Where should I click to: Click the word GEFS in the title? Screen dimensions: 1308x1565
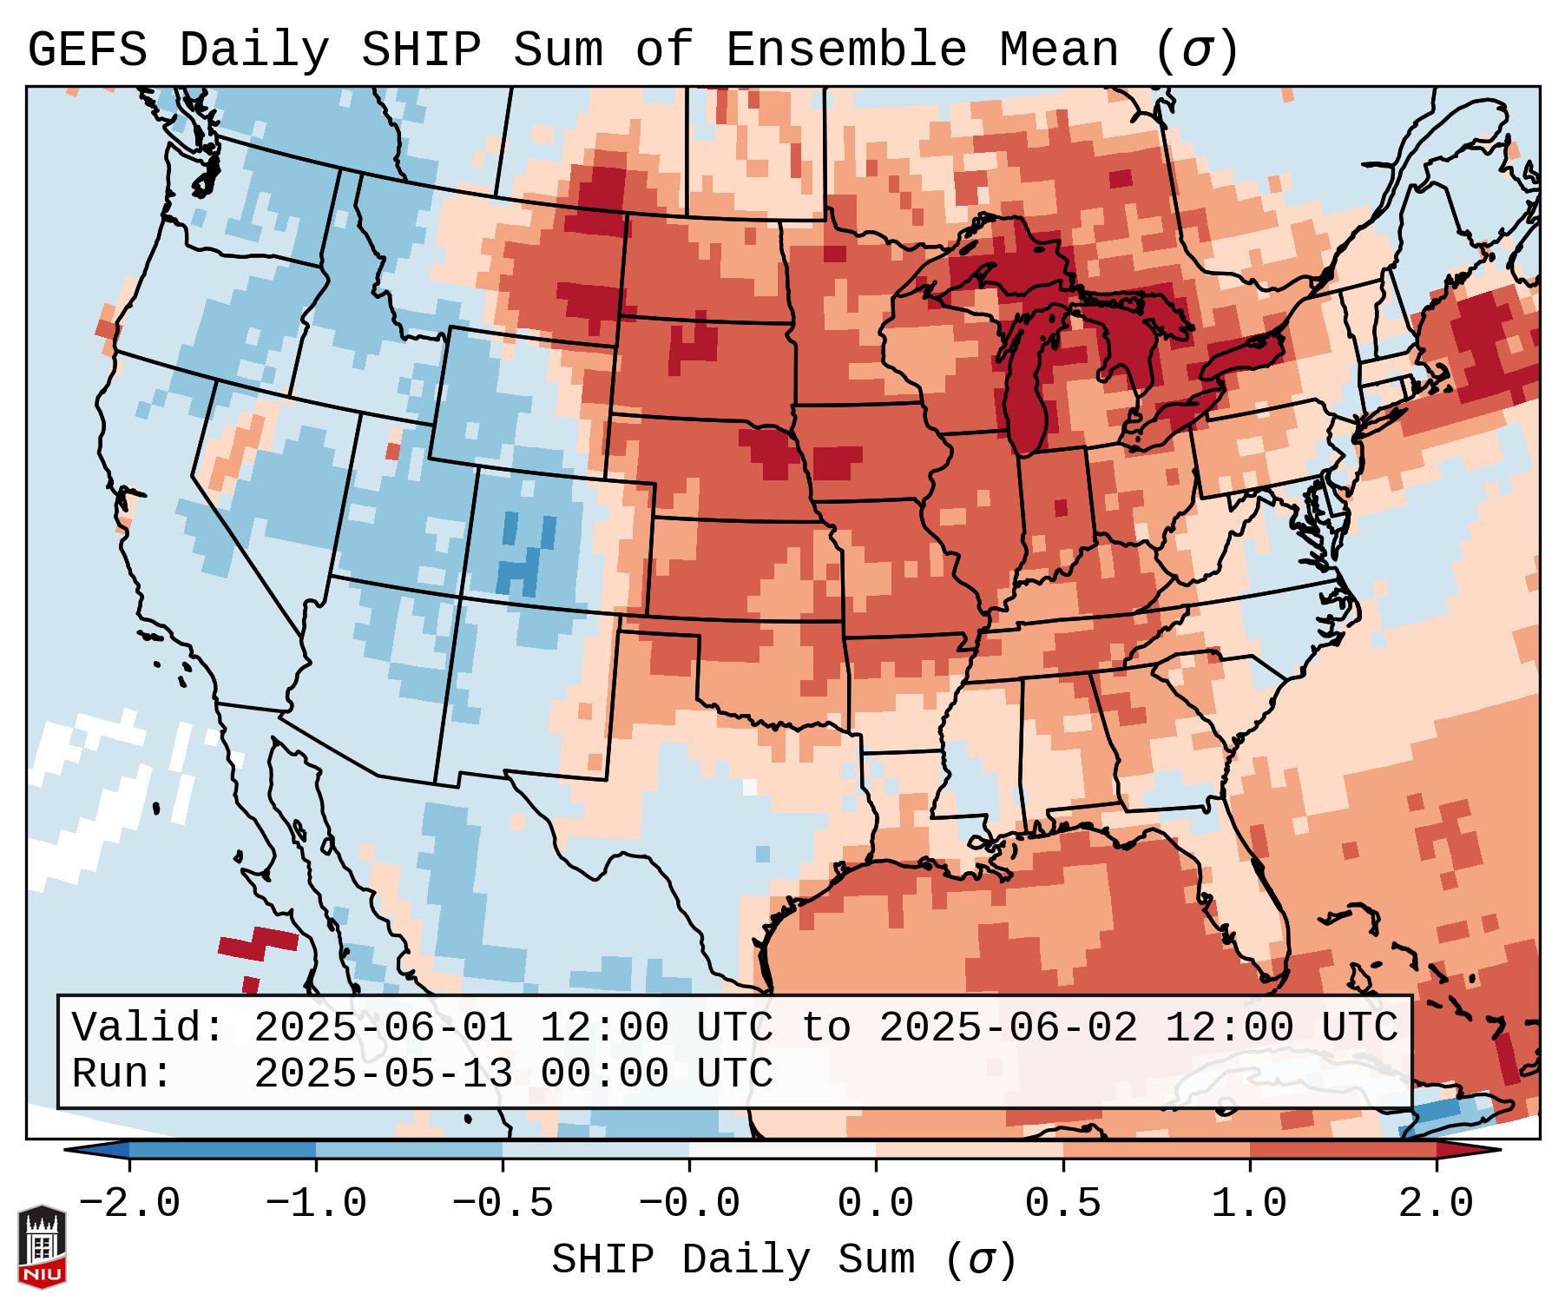(x=87, y=50)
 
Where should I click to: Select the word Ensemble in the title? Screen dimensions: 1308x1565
(x=845, y=50)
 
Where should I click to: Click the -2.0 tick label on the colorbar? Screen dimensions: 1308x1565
(x=129, y=1204)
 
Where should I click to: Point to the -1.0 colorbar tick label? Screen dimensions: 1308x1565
(x=316, y=1204)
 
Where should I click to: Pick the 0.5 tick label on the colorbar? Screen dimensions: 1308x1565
(x=1062, y=1204)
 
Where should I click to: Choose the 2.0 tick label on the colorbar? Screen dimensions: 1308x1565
(x=1436, y=1204)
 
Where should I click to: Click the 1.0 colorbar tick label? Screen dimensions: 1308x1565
(x=1249, y=1204)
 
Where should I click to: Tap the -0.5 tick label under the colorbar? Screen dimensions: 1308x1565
(x=503, y=1204)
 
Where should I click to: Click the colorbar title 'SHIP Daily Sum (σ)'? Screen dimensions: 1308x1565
(x=783, y=1259)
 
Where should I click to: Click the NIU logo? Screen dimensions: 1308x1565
(x=42, y=1246)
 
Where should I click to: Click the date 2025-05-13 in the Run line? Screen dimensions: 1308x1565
(x=384, y=1073)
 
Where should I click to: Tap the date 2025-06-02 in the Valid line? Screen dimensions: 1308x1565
(x=1009, y=1027)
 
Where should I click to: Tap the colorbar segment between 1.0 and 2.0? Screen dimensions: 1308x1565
(x=1342, y=1150)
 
